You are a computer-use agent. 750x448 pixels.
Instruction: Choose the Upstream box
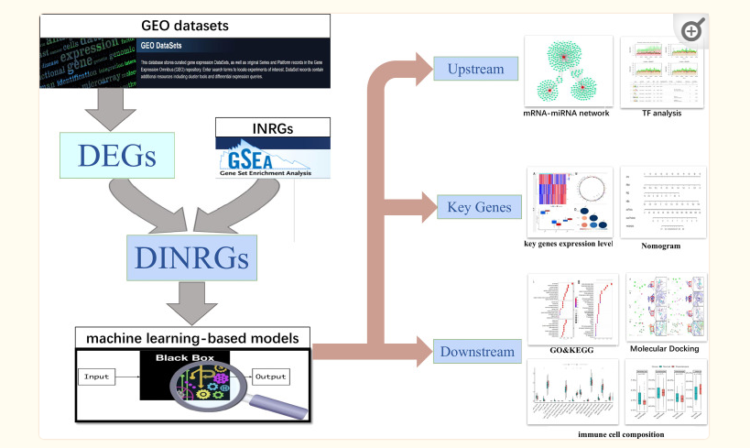click(x=474, y=69)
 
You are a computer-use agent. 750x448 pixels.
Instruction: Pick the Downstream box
click(x=475, y=352)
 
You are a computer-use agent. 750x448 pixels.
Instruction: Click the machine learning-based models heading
click(x=192, y=338)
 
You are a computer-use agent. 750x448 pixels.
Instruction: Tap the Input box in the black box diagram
click(x=96, y=376)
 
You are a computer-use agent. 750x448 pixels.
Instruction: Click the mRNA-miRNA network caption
click(x=565, y=114)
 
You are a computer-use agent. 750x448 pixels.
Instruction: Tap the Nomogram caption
click(x=662, y=246)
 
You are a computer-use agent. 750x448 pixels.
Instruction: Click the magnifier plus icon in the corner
click(x=692, y=30)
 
